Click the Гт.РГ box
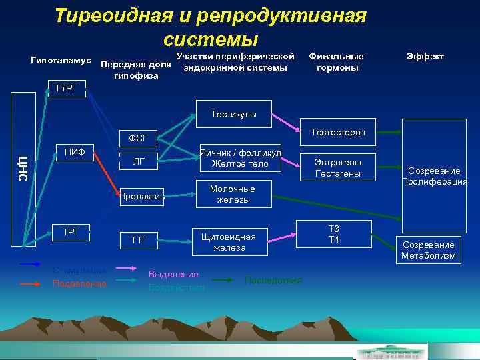click(67, 90)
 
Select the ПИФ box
click(74, 153)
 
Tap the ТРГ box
click(71, 232)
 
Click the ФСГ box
click(138, 139)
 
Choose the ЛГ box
click(138, 161)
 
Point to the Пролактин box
click(142, 196)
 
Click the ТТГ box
click(139, 239)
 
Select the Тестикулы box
click(233, 114)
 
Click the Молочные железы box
click(232, 194)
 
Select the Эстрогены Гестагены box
click(338, 168)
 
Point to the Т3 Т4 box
click(334, 234)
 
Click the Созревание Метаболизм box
click(429, 250)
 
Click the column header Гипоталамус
click(61, 60)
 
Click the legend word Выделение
click(173, 274)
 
